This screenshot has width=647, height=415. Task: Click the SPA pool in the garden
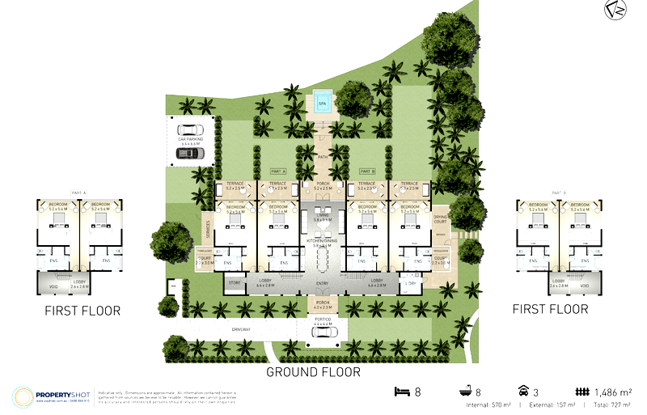click(323, 104)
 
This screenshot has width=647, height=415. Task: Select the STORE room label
click(235, 283)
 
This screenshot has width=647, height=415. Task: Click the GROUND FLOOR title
click(314, 372)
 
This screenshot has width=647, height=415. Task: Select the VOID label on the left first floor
click(53, 286)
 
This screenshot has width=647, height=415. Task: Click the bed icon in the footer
click(400, 392)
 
